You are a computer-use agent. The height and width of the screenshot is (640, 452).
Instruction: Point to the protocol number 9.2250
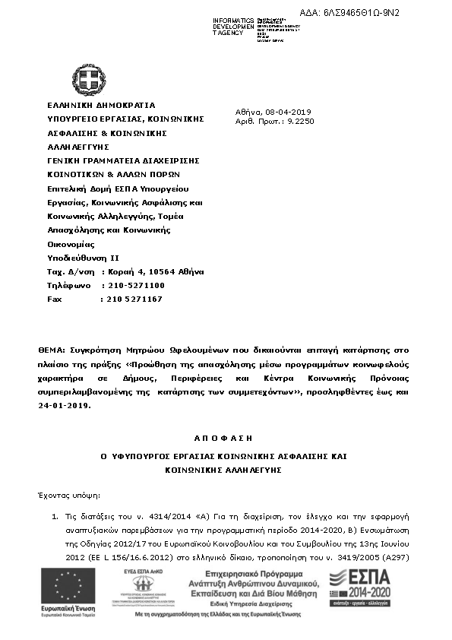[300, 121]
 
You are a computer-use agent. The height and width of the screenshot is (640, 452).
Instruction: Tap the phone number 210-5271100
[132, 285]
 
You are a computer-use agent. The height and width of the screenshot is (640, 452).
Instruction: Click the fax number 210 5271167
[131, 299]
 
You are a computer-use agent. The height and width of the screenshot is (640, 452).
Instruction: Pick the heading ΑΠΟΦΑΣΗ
[224, 438]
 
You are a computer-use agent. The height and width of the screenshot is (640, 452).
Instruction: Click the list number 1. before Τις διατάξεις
[55, 517]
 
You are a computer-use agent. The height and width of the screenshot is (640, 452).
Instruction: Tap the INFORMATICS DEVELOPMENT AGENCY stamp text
[234, 27]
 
